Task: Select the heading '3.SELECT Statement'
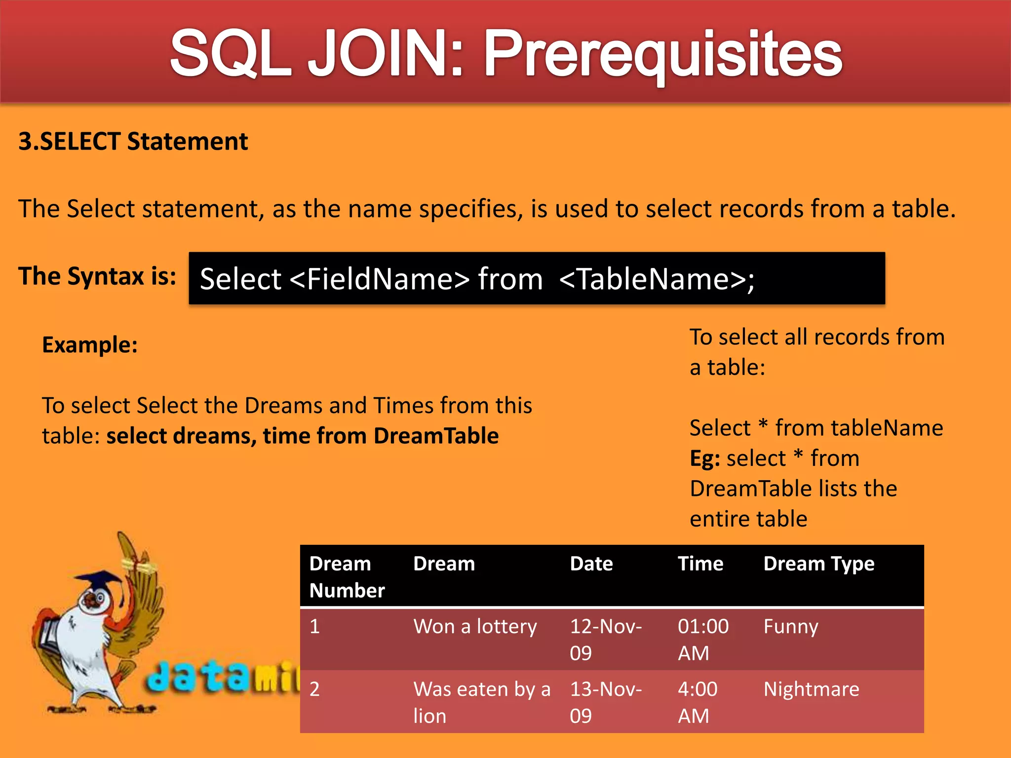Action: coord(133,142)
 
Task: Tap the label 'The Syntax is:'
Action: coord(97,276)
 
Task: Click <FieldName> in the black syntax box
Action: coord(380,279)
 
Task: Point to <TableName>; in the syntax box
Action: coord(657,279)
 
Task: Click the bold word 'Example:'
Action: coord(90,344)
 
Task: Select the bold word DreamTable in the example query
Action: coord(436,436)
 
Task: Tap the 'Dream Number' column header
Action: coord(347,577)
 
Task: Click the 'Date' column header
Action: coord(591,564)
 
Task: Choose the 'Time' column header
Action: coord(700,564)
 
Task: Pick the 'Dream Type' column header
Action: coord(818,564)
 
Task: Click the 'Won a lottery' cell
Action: coord(475,627)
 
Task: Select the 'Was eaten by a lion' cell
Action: coord(481,702)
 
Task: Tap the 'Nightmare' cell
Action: coord(811,689)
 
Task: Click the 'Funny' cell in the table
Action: coord(791,627)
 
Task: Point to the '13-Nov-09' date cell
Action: coord(606,702)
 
